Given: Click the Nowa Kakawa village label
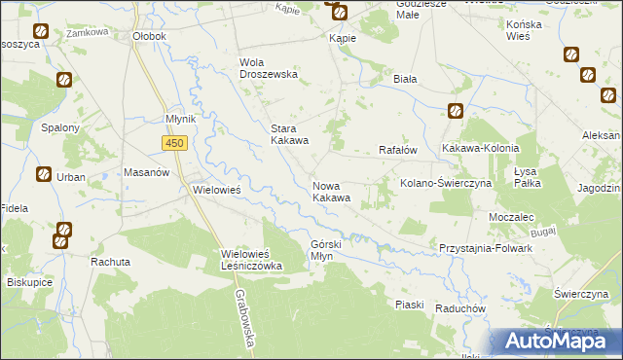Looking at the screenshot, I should click(x=331, y=192).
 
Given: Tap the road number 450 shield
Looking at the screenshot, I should click(x=174, y=143).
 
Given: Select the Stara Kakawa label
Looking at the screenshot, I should click(x=289, y=134).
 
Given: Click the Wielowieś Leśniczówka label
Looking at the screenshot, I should click(x=251, y=260).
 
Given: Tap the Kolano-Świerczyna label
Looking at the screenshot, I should click(x=443, y=183).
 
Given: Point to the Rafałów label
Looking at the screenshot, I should click(x=397, y=150).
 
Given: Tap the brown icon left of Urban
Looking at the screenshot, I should click(x=44, y=175).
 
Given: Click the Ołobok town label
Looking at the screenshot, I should click(x=149, y=36).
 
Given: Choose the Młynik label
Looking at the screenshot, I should click(x=181, y=119).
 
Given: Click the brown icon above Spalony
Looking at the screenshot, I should click(x=63, y=81).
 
